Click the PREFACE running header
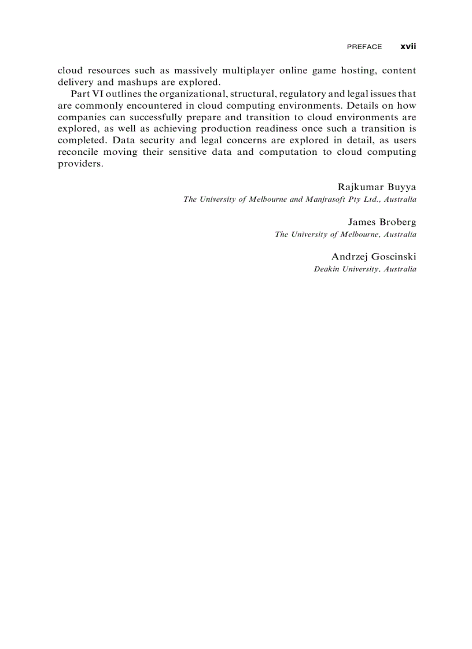click(364, 47)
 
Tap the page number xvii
click(408, 46)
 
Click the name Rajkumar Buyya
click(377, 187)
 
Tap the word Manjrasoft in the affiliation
click(329, 199)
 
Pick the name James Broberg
click(382, 222)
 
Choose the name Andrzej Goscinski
click(374, 257)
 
